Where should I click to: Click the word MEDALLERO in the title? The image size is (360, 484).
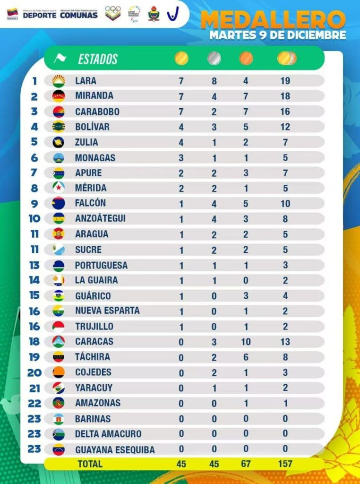273,19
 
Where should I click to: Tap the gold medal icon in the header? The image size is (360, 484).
181,58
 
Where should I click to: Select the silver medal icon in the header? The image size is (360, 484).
214,58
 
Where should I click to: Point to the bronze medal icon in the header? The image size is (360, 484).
246,58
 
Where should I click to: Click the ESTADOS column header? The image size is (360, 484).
98,59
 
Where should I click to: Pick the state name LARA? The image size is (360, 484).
86,81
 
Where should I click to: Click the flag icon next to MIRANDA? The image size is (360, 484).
59,96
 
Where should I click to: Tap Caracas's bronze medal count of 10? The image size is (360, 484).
246,342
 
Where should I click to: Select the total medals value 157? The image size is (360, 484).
285,464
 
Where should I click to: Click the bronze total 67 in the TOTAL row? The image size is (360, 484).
246,464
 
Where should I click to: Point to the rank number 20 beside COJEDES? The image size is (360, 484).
34,372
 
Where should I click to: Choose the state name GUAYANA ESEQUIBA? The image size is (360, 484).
115,449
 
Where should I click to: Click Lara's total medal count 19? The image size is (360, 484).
285,81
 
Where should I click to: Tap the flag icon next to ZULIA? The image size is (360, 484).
59,142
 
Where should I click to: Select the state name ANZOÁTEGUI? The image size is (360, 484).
100,219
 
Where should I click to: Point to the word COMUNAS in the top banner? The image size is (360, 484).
79,15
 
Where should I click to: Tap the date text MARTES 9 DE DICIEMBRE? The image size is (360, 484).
278,35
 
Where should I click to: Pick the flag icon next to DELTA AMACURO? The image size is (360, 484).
59,434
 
